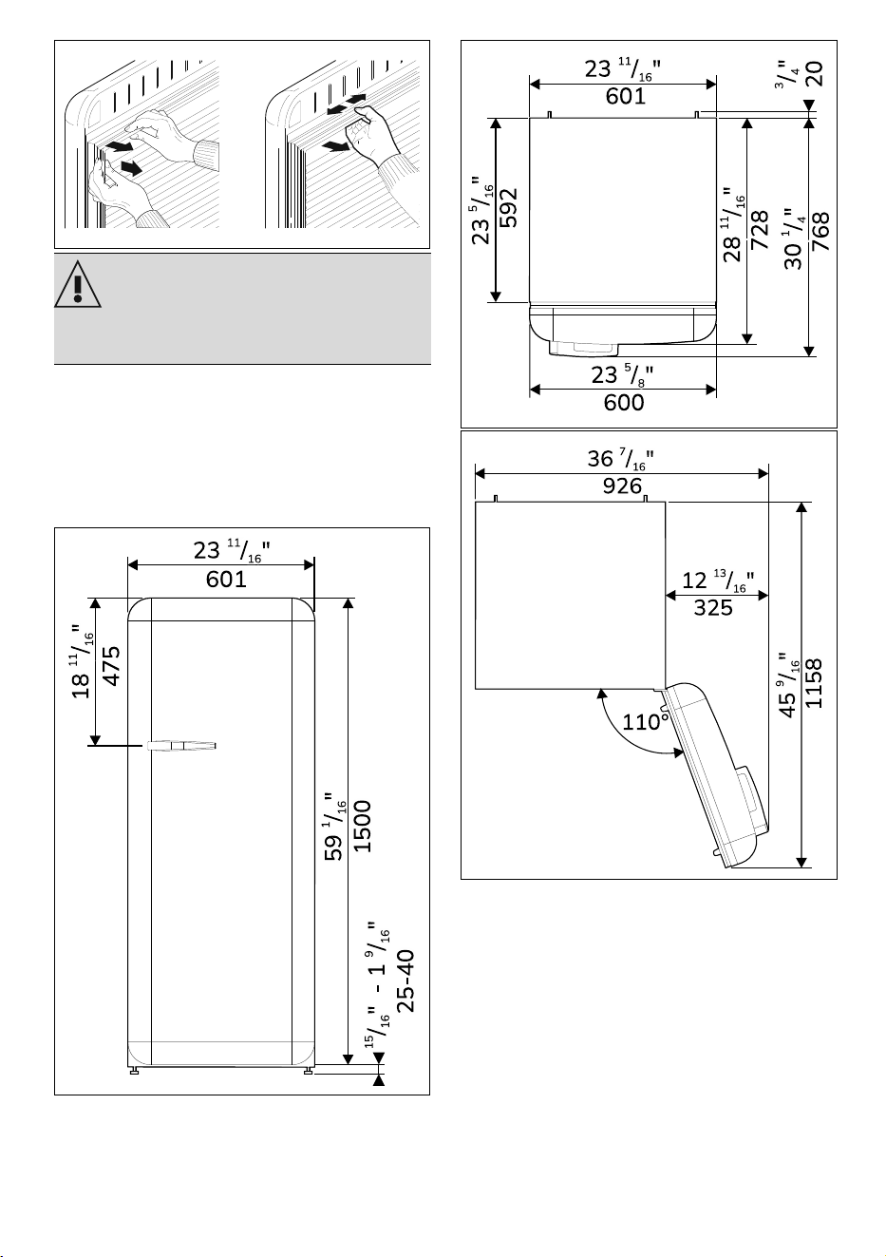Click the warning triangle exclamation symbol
click(78, 284)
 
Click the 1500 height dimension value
click(363, 827)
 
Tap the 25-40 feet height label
click(405, 981)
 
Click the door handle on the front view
click(181, 746)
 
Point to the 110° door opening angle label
click(646, 722)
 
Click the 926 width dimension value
click(622, 486)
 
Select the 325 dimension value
click(713, 607)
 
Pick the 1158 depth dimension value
click(813, 683)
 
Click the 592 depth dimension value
click(509, 208)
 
